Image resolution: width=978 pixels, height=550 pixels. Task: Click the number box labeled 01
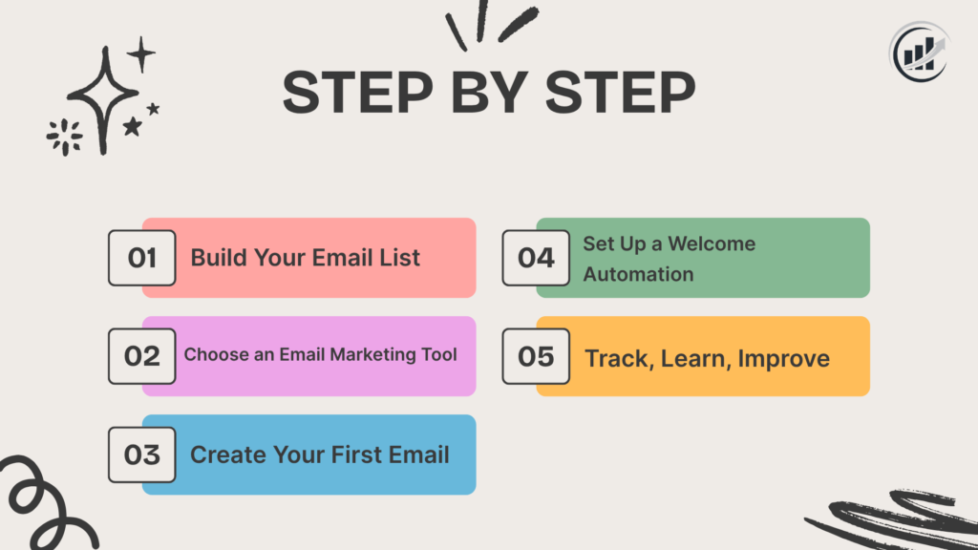141,258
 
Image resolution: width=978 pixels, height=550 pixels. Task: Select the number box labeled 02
141,356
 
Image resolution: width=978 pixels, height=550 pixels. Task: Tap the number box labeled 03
141,455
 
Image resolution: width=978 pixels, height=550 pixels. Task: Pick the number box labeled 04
536,258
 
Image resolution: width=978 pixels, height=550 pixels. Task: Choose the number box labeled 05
536,356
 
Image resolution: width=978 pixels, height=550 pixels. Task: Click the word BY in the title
490,94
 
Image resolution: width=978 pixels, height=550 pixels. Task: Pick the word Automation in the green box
638,274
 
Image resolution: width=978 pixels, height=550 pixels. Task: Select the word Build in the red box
217,258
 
